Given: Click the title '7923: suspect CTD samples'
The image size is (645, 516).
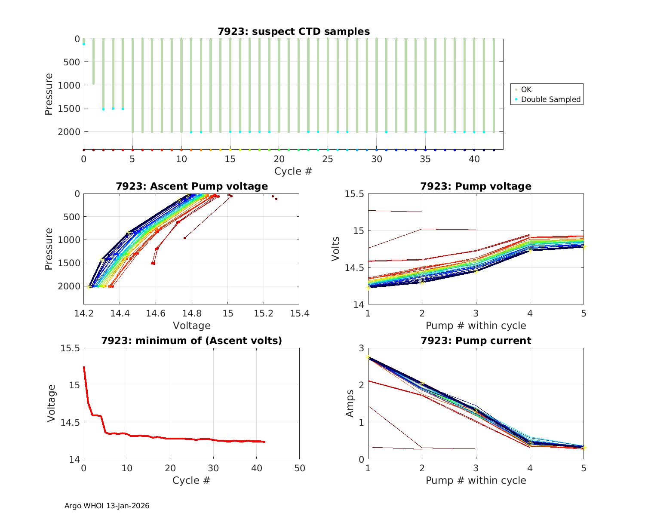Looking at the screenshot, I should pos(293,31).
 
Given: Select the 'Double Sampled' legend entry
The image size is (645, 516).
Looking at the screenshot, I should pos(550,99).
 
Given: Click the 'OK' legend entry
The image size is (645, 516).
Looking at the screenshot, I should pos(526,89).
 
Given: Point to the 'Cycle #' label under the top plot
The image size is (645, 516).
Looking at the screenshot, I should pos(293,171).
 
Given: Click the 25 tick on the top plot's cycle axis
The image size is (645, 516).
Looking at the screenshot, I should pos(328,159).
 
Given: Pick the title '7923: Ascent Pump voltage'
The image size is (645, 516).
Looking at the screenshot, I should pos(191,186).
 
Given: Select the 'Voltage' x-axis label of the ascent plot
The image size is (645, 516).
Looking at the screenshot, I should pos(191,326).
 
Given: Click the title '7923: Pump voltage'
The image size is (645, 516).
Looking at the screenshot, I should pos(476,186).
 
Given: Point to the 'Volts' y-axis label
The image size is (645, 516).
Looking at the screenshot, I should pos(336,249).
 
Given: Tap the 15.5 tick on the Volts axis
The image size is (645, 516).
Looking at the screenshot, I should pos(354,194).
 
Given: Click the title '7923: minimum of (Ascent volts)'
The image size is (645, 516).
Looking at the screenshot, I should pos(191,341).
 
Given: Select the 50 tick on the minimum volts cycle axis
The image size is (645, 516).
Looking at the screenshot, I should pos(299,468).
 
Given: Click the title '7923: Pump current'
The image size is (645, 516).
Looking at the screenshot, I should pos(476,341).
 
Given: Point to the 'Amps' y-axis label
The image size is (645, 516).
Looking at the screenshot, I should pos(350,403).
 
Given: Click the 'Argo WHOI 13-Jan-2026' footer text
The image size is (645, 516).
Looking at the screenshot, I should pos(107,506).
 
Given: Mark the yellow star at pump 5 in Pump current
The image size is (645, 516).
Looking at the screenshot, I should pos(584,448).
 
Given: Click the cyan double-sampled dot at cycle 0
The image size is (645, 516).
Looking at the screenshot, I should pos(84,44).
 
